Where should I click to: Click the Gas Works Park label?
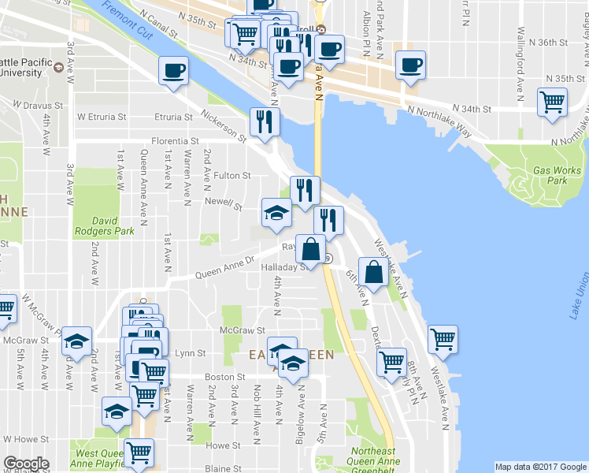[x=557, y=175]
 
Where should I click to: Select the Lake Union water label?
[x=576, y=295]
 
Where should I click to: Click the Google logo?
[x=25, y=464]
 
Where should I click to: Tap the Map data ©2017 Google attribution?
[x=541, y=467]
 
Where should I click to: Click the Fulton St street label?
[x=233, y=176]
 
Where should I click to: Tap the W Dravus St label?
[x=37, y=105]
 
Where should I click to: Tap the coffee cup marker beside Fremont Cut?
[x=173, y=71]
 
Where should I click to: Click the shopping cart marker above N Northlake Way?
[x=552, y=101]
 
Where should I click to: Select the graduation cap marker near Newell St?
[x=276, y=213]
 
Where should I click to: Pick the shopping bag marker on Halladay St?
[x=311, y=249]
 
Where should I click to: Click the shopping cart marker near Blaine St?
[x=139, y=452]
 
